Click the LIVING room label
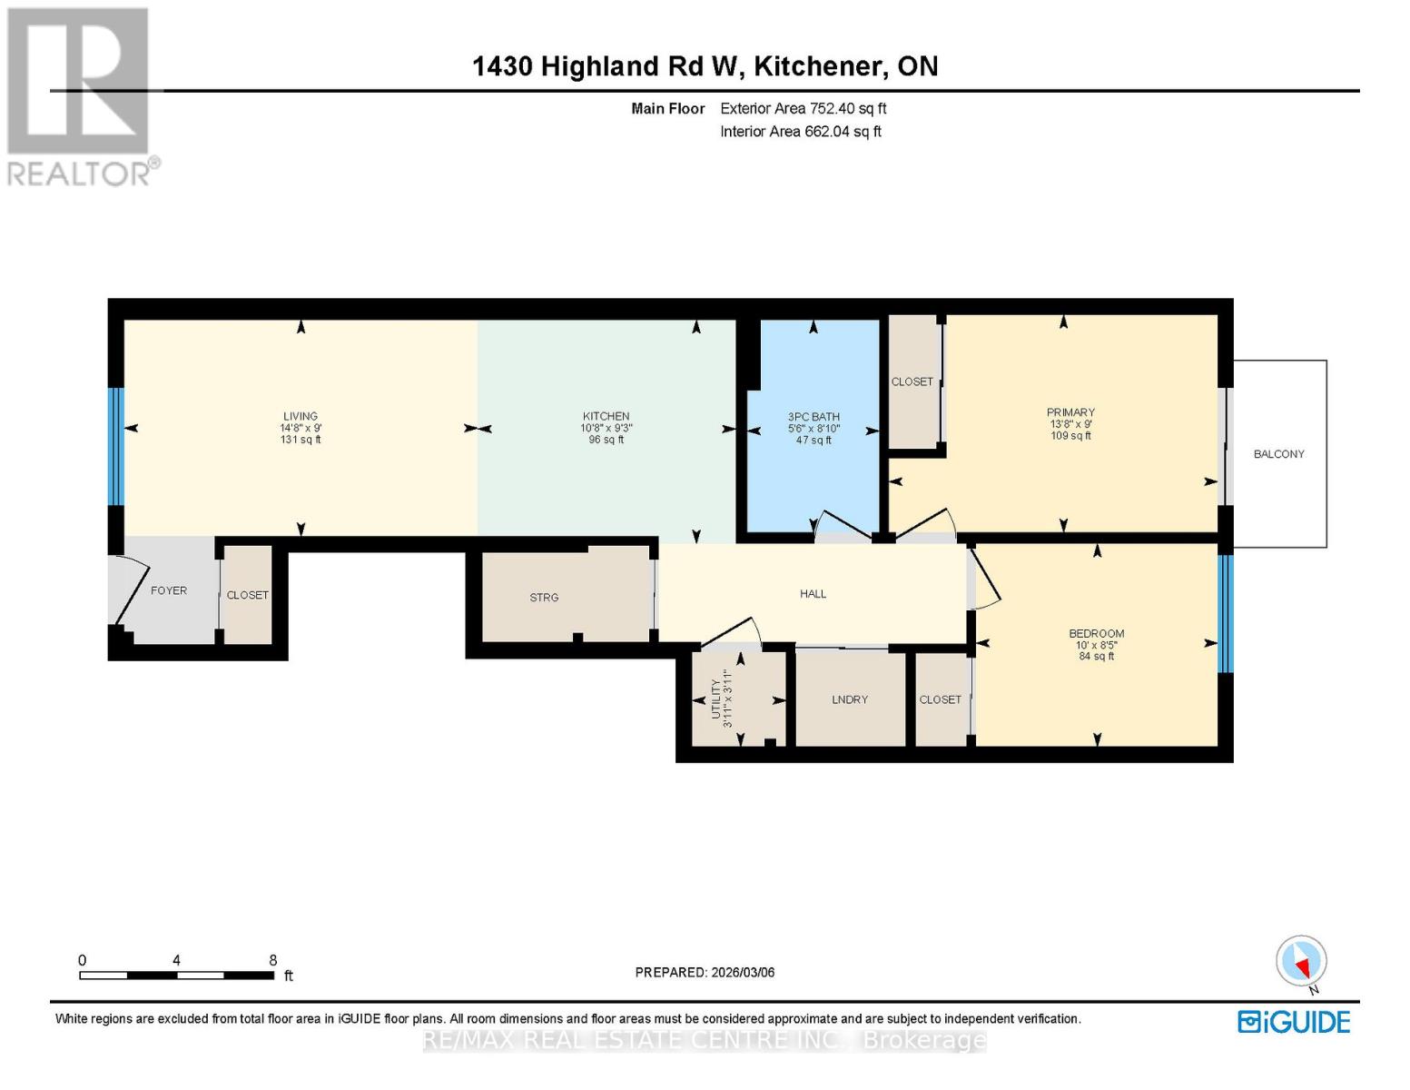(x=300, y=416)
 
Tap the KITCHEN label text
(x=606, y=416)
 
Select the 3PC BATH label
(x=813, y=417)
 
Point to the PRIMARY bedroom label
(x=1070, y=412)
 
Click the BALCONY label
(x=1278, y=454)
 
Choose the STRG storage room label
(x=544, y=598)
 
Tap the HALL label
(x=813, y=594)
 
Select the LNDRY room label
(x=850, y=699)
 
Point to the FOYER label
(x=169, y=590)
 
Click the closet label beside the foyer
(x=247, y=595)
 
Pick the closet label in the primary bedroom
(x=912, y=381)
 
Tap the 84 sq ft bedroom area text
(x=1097, y=656)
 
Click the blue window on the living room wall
(x=115, y=446)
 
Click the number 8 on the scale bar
(x=272, y=960)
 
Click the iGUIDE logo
(x=1294, y=1022)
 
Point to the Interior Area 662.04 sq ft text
(x=800, y=132)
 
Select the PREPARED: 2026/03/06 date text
(x=705, y=972)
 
